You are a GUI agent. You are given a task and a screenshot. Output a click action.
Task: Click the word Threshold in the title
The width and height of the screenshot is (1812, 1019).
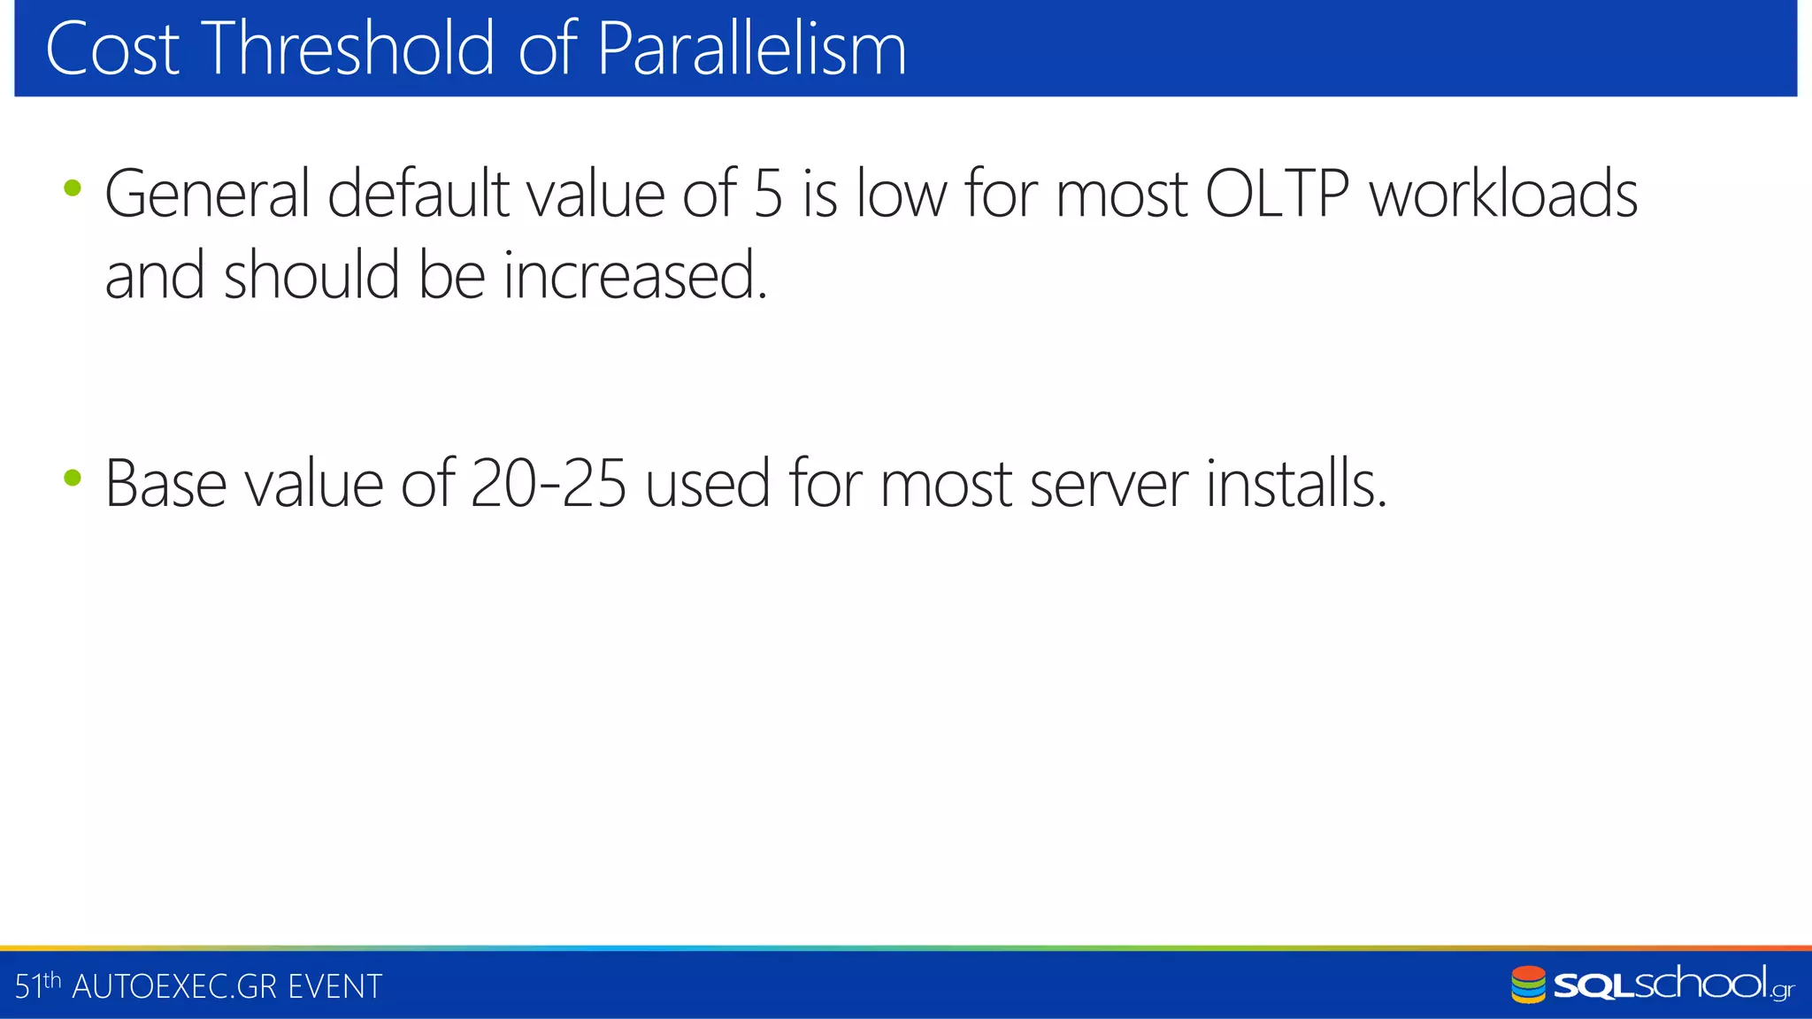349,49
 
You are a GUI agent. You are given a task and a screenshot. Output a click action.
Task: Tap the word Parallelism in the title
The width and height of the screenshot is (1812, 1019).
751,49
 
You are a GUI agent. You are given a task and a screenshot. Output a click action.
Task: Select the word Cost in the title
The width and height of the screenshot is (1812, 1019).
112,49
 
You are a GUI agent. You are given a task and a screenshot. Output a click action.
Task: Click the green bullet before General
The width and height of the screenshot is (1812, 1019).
73,188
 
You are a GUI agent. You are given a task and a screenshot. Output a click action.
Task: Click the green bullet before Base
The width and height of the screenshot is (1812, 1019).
73,479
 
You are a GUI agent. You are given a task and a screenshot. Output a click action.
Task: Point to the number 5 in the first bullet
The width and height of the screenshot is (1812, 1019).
768,194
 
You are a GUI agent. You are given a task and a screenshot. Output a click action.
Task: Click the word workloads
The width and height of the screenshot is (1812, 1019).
1503,194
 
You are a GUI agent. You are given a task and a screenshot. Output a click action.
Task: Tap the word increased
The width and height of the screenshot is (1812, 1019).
635,275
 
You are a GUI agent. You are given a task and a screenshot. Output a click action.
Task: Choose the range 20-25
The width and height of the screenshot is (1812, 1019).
549,484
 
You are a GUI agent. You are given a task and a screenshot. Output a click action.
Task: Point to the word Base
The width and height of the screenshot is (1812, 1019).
165,484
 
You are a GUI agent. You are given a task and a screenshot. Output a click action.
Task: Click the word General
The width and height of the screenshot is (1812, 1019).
207,194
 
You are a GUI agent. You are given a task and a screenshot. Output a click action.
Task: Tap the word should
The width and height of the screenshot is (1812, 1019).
311,275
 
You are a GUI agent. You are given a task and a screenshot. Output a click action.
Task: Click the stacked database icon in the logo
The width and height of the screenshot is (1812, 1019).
1528,985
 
